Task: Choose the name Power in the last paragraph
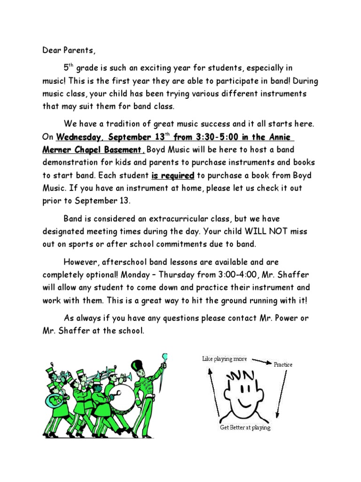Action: tap(287, 319)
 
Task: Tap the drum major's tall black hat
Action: tap(137, 368)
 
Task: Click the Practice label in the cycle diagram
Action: tap(283, 365)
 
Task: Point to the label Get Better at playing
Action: tap(245, 428)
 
